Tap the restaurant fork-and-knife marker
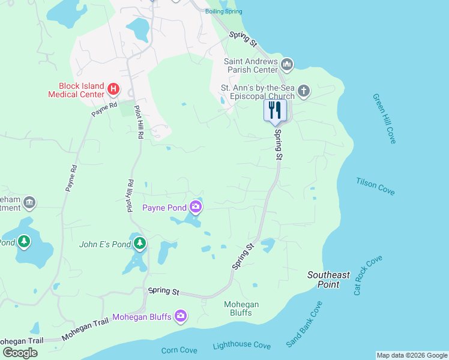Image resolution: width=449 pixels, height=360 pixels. point(275,110)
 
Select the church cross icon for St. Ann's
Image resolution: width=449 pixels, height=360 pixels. point(304,91)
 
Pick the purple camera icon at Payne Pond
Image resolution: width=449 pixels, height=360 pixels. point(195,208)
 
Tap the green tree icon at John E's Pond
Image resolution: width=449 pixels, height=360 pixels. point(139,243)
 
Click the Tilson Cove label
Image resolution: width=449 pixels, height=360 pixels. point(376,186)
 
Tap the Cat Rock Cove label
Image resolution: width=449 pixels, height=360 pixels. point(368,275)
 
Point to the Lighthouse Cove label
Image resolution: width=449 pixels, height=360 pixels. point(241,346)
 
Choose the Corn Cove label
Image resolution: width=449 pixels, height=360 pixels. point(179,350)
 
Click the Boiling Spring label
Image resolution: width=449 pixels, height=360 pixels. point(224,11)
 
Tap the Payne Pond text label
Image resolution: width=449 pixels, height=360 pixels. point(164,208)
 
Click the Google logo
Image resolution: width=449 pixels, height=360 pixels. point(20,353)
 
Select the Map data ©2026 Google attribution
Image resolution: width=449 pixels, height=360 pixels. point(412,355)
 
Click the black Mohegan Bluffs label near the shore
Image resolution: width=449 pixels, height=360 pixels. point(241,308)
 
